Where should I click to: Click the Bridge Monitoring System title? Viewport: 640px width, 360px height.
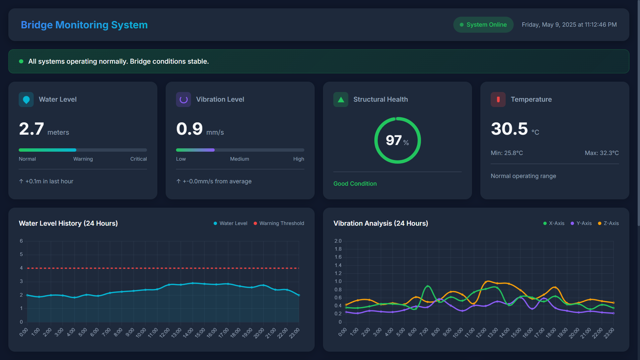[84, 25]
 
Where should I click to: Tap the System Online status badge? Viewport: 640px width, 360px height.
[483, 25]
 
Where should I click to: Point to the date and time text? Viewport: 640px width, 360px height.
[569, 25]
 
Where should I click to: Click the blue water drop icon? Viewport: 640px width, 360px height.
[26, 99]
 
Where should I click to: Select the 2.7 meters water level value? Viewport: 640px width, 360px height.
[32, 129]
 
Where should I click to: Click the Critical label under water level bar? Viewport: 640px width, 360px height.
[138, 159]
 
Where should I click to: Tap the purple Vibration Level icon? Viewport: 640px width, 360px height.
[183, 99]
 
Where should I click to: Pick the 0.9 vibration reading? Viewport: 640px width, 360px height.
[189, 129]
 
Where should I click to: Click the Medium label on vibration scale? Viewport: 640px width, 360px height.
[239, 159]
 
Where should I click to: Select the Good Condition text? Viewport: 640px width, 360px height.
[355, 184]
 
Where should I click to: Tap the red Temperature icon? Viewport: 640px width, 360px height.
[498, 99]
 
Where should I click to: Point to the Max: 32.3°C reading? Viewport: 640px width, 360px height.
[601, 153]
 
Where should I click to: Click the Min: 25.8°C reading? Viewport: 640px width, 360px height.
[507, 153]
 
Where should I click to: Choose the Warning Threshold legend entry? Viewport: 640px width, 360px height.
[279, 223]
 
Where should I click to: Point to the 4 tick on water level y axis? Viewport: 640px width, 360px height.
[21, 268]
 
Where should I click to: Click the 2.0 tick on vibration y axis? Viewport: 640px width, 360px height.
[338, 241]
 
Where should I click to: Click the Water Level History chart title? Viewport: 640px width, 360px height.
[68, 223]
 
